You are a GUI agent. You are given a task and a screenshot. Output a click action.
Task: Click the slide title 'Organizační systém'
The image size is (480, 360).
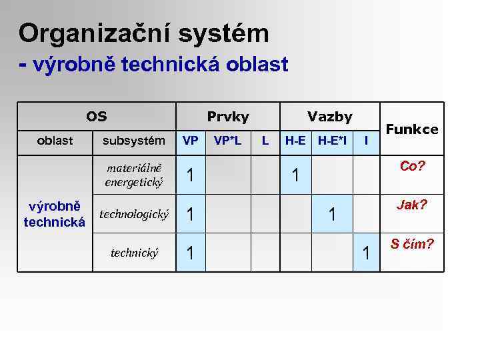point(143,33)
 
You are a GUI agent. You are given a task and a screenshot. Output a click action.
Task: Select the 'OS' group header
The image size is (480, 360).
point(96,117)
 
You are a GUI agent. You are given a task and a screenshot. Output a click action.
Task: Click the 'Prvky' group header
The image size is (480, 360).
point(228,117)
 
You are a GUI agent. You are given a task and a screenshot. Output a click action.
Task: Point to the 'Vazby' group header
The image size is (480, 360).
point(329,117)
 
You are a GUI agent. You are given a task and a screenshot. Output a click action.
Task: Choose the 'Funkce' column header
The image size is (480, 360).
point(412,129)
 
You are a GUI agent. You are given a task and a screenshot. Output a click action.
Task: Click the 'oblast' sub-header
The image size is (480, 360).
point(55,141)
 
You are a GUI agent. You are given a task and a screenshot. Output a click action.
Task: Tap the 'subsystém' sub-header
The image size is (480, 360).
point(133,141)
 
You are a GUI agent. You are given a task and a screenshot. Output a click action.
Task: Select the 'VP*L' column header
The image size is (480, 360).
point(228,141)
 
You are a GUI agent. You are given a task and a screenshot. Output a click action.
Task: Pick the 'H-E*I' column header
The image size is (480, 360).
point(331,141)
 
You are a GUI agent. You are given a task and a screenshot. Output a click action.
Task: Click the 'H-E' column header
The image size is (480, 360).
point(295,141)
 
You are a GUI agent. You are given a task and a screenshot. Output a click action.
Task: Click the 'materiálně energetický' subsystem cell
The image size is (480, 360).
point(133,175)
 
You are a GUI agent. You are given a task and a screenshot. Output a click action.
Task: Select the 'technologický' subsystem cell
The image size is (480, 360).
point(133,214)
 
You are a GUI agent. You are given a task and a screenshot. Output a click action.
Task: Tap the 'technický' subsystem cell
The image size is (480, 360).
point(134,253)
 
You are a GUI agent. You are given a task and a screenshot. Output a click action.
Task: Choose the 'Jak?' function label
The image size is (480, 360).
point(412,205)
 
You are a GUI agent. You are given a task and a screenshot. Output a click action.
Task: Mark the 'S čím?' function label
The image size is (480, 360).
point(412,244)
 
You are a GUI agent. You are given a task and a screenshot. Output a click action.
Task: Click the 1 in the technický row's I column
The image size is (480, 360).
point(365,253)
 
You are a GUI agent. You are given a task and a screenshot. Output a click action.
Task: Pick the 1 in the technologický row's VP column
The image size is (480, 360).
point(191,215)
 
